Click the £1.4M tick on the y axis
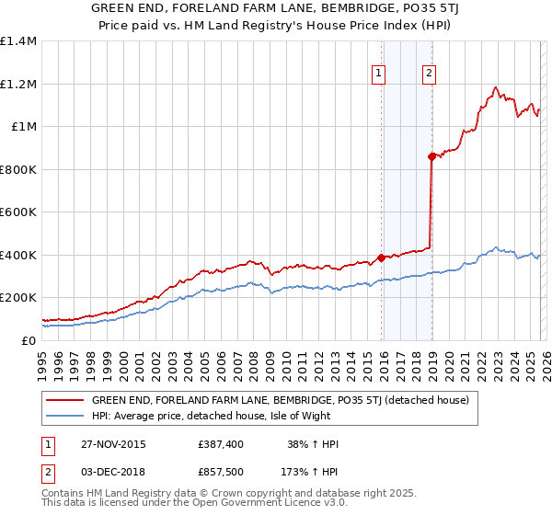click(18, 41)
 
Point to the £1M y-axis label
click(23, 127)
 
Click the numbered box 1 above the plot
click(379, 75)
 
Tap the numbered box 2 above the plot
click(430, 75)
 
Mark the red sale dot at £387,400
click(381, 258)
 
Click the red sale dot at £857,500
click(431, 157)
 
